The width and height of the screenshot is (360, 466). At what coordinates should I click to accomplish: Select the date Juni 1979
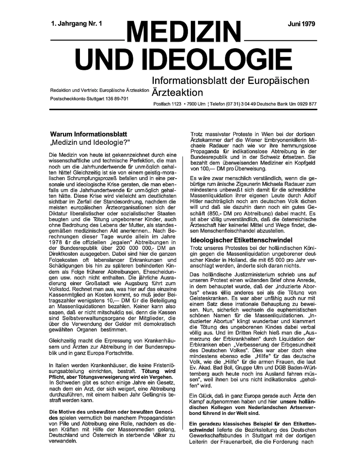[301, 24]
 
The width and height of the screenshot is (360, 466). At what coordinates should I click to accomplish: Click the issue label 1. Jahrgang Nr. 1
[77, 24]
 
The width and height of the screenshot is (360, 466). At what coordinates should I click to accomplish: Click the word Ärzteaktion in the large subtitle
[177, 93]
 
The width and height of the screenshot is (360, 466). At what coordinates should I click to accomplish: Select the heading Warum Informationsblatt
[89, 134]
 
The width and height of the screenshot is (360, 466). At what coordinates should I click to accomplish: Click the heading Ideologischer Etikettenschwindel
[241, 240]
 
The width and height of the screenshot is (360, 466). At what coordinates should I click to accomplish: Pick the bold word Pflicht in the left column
[58, 377]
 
